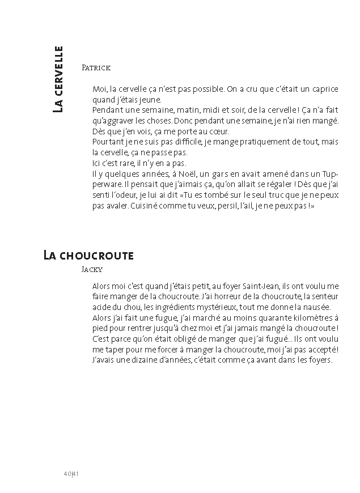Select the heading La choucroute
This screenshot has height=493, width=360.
pos(88,256)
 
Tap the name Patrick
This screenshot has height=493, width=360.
pos(96,67)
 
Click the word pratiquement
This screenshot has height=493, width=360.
pos(261,142)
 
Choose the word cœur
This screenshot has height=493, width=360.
pos(218,131)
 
